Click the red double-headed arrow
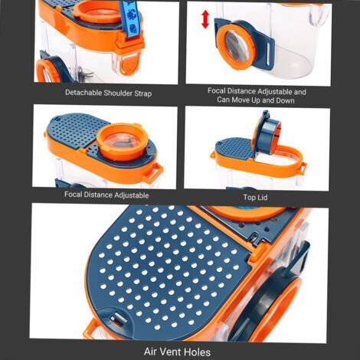coord(205,19)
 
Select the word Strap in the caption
coord(143,93)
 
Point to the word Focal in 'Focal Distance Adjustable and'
coord(217,90)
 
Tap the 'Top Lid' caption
coord(255,198)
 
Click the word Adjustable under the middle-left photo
coord(132,195)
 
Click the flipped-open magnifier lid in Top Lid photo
coord(267,133)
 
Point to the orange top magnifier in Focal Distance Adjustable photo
coord(122,142)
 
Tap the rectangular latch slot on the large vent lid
coord(118,319)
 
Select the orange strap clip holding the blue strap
coord(129,41)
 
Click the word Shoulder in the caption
coord(118,93)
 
